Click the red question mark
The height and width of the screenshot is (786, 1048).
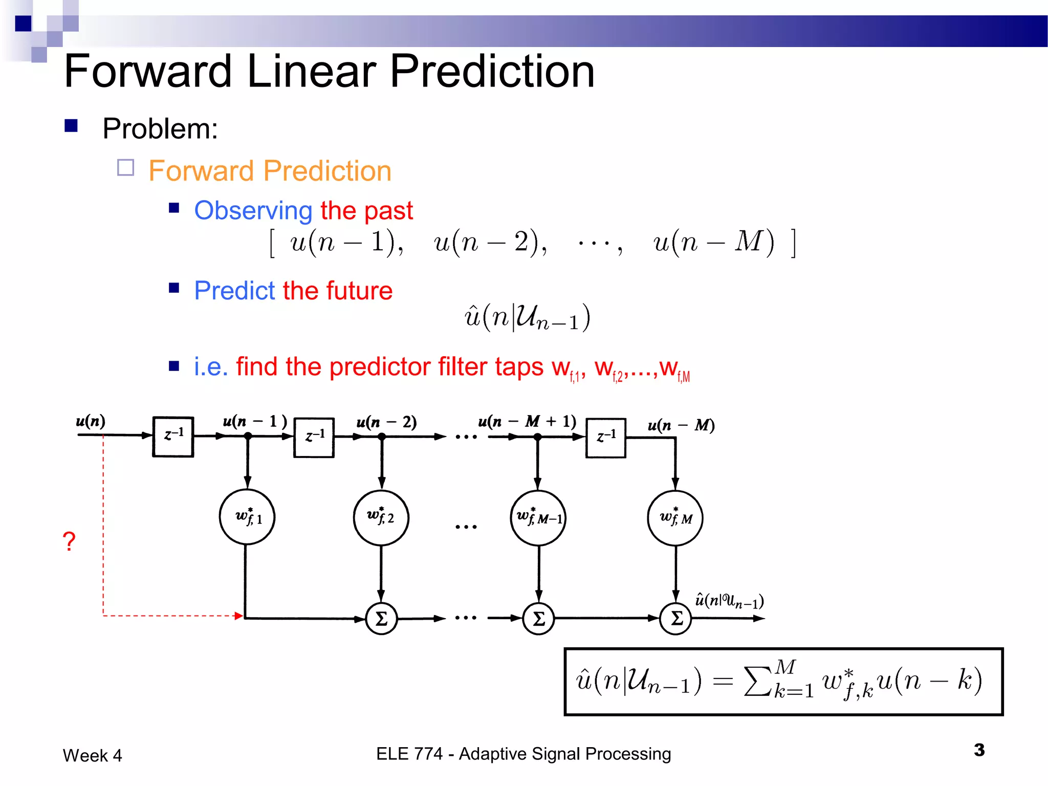tap(69, 541)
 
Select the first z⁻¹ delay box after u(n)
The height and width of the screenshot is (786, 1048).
tap(173, 436)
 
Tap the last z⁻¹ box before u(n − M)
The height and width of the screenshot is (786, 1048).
tap(605, 438)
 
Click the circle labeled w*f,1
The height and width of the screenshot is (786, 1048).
tap(247, 517)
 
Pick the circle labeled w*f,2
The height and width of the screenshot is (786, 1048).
tap(381, 518)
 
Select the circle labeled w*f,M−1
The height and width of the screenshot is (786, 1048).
tap(538, 518)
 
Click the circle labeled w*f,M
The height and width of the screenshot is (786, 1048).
tap(675, 518)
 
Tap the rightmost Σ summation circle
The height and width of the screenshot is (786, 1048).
tap(675, 619)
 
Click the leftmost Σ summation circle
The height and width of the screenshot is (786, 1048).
tap(381, 619)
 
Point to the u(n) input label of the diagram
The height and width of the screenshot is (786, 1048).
tap(91, 421)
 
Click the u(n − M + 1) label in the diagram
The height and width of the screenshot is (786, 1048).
tap(527, 421)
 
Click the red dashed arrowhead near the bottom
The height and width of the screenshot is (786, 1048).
tap(238, 616)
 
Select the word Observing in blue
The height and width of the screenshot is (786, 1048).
tap(253, 210)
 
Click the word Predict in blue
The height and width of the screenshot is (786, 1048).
tap(235, 291)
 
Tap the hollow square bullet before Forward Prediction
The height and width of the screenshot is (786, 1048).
tap(126, 168)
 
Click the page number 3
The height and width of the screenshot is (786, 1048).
tap(979, 750)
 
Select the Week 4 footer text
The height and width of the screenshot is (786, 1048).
tap(93, 755)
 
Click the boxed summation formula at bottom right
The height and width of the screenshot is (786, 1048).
tap(783, 682)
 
